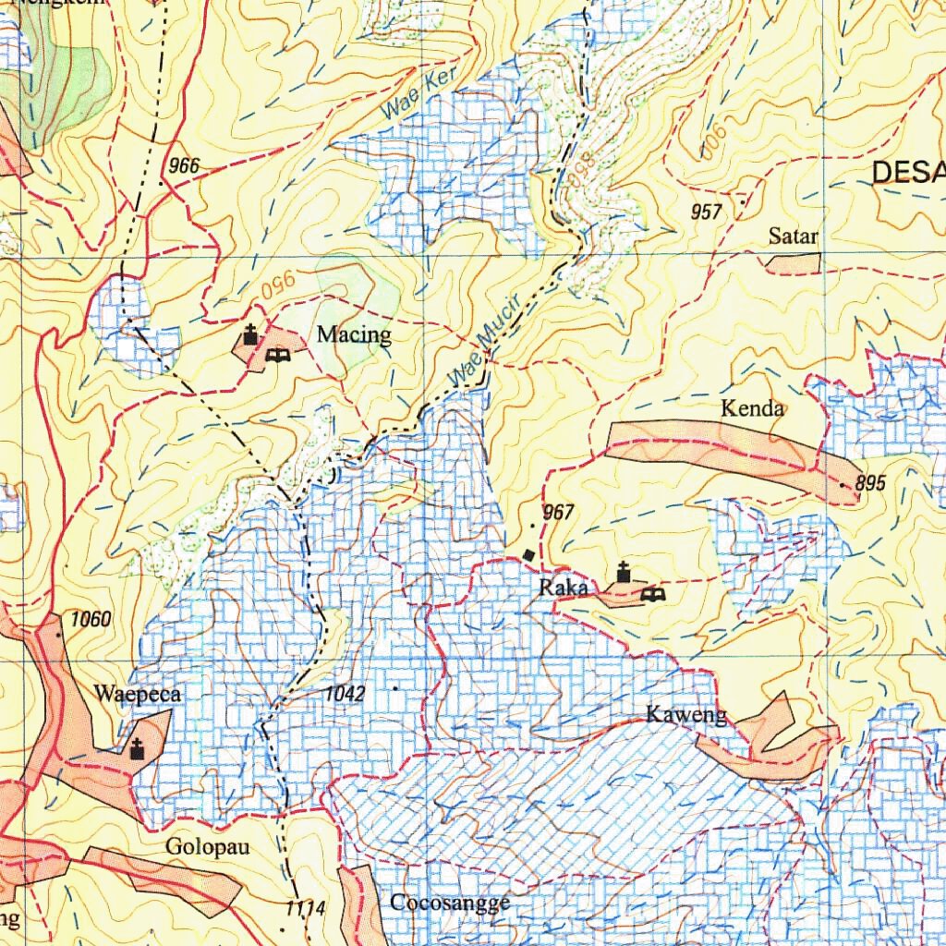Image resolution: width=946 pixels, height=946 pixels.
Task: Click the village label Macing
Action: (x=354, y=334)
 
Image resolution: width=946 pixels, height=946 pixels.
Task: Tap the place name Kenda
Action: (x=753, y=408)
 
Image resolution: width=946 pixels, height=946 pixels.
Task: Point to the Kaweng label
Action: (x=686, y=714)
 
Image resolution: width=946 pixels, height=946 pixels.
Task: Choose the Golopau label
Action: (x=208, y=846)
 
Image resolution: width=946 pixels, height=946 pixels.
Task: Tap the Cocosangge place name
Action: (x=450, y=903)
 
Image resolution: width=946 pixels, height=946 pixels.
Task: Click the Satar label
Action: (x=794, y=236)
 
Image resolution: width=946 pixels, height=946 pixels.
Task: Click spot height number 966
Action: (x=184, y=166)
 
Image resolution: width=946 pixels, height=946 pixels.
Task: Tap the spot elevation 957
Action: (x=706, y=212)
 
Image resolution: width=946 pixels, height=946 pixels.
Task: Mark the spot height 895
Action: (x=870, y=483)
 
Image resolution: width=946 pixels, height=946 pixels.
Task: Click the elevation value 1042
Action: (x=345, y=694)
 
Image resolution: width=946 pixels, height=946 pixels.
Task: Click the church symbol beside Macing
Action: (x=249, y=334)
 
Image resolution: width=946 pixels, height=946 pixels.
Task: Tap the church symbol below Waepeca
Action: (x=138, y=748)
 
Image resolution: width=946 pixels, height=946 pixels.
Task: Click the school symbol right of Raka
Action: (x=652, y=594)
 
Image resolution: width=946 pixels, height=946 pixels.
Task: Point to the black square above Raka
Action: (x=528, y=554)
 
